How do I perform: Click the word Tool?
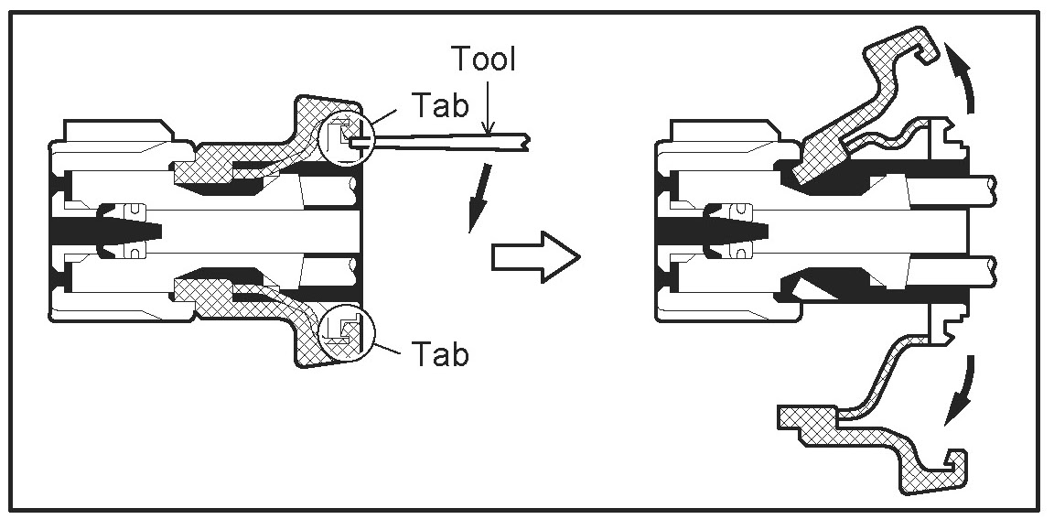tap(485, 59)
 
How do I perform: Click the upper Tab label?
tap(440, 103)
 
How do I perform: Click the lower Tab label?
tap(440, 352)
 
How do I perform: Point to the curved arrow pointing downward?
tap(960, 394)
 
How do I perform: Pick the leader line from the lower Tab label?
tap(390, 346)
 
